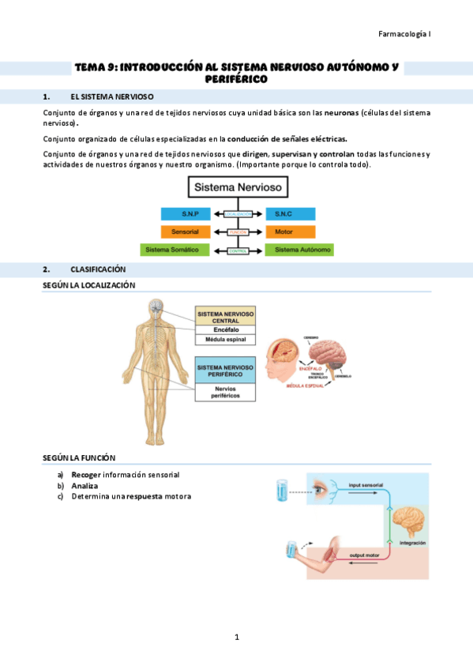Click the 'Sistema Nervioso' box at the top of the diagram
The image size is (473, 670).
[x=238, y=187]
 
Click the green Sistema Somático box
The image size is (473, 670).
[x=175, y=250]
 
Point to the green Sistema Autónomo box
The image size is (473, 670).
[x=299, y=250]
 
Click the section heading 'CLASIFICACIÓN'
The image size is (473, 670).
[x=98, y=269]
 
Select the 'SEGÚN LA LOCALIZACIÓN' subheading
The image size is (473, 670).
[x=88, y=284]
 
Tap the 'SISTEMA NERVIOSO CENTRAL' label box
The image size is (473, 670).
[x=225, y=317]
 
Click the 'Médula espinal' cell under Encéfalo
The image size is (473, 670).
[x=225, y=340]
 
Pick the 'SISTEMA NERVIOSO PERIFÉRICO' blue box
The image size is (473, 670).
[x=225, y=371]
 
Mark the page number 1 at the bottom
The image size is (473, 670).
[x=236, y=637]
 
